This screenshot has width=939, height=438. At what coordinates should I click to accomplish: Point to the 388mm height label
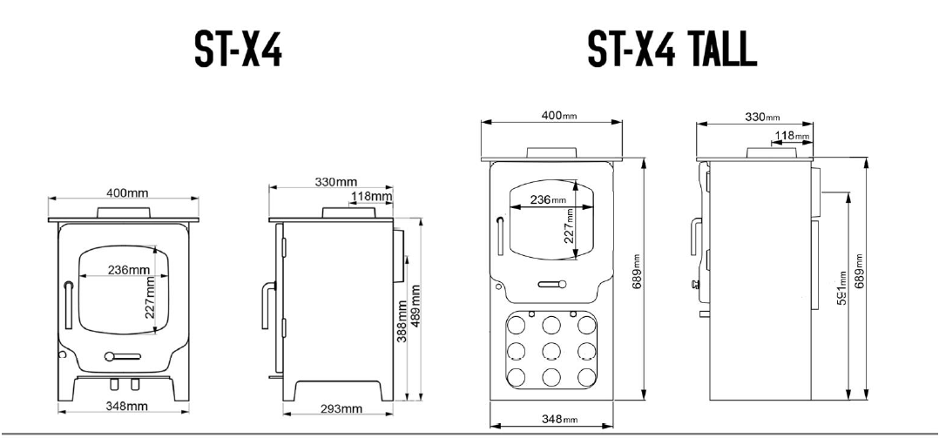[402, 321]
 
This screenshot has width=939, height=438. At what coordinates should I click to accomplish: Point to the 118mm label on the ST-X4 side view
[371, 197]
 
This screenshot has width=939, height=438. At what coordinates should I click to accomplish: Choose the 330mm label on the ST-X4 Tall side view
[763, 116]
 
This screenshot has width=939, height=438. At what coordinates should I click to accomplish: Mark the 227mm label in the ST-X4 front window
[150, 298]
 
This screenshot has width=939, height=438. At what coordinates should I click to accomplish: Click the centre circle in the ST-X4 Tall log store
[551, 352]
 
